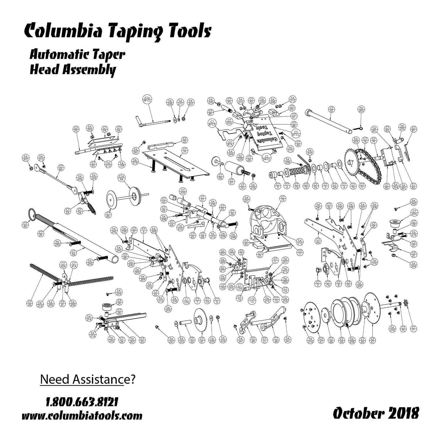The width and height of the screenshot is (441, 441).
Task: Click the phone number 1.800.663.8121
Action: tap(82, 401)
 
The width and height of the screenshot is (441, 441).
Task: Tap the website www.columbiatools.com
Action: tap(82, 416)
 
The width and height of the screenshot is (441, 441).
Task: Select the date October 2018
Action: tap(376, 413)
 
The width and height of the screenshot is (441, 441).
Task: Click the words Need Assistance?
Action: tap(87, 379)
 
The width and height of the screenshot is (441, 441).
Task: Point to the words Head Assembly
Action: tap(73, 70)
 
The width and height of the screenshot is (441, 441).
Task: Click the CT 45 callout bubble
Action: tap(332, 109)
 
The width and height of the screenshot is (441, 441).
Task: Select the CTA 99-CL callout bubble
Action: tap(147, 99)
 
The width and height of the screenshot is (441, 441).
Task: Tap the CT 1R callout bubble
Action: tap(283, 199)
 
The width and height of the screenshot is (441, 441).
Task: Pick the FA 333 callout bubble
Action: tap(211, 101)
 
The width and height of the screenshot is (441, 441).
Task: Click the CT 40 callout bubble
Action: tap(25, 225)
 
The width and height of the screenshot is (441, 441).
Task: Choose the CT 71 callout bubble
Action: tap(413, 329)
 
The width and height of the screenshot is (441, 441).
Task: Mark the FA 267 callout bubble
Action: tap(171, 340)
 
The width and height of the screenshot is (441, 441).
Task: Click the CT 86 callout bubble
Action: tap(61, 168)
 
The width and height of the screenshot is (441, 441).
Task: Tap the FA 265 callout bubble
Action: tap(414, 202)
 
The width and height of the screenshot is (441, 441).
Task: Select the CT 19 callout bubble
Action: tap(185, 151)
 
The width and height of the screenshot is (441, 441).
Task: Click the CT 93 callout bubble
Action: tap(76, 129)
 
